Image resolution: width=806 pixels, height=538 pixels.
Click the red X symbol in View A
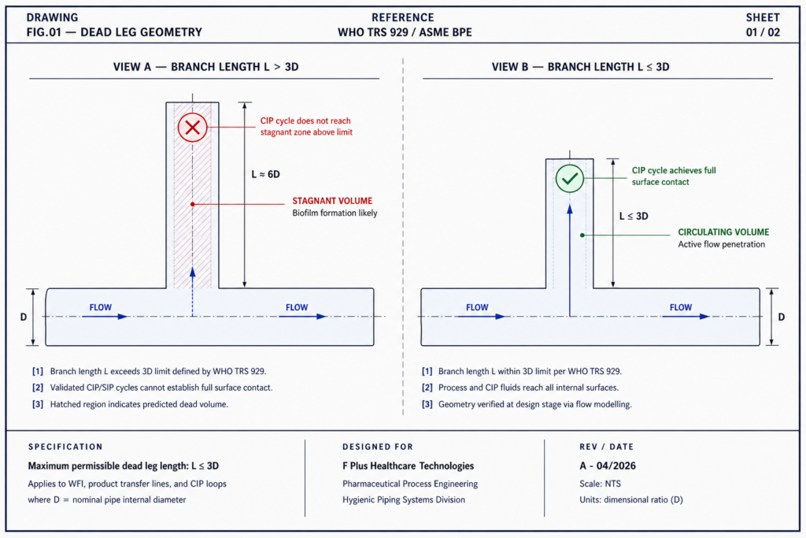click(x=193, y=127)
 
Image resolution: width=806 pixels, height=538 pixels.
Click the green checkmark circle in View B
click(x=570, y=179)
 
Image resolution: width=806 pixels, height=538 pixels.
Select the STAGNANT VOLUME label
click(x=332, y=201)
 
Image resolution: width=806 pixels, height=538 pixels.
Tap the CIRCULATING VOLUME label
click(x=723, y=232)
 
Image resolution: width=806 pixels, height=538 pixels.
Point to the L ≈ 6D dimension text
click(x=265, y=174)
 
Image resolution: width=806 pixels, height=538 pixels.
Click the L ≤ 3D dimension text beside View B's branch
click(x=634, y=216)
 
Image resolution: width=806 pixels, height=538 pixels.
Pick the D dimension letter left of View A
click(x=24, y=317)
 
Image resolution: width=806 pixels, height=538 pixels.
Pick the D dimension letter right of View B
click(x=782, y=317)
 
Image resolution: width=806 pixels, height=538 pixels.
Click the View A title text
click(x=205, y=67)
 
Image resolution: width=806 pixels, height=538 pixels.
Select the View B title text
click(x=580, y=67)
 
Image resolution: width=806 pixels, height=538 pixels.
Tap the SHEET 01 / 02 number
click(x=763, y=32)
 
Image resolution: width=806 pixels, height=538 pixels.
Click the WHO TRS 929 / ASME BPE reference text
click(x=405, y=32)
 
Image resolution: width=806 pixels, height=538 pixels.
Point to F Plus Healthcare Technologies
click(x=409, y=466)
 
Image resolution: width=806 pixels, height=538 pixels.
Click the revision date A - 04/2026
click(x=608, y=466)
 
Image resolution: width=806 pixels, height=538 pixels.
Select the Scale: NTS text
click(x=600, y=484)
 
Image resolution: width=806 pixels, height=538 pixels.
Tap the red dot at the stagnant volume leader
click(x=193, y=204)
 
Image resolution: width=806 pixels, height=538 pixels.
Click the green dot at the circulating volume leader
click(x=582, y=235)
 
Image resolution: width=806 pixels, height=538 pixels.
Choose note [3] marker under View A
click(x=38, y=404)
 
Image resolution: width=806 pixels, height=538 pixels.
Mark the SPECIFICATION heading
click(x=65, y=447)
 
